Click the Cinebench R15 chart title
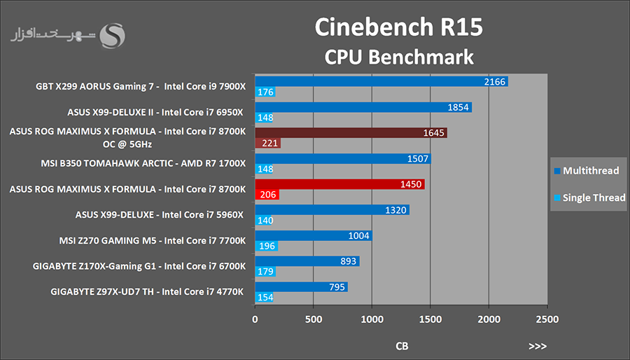[398, 27]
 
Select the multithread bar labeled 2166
[381, 82]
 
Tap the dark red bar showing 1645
[350, 133]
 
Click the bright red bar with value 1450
[339, 184]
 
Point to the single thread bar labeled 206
[267, 195]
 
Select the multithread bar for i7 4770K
[301, 287]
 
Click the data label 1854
[458, 107]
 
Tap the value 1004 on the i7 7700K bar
[358, 236]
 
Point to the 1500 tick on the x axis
[430, 319]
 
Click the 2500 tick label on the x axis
[547, 319]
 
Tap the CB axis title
[402, 346]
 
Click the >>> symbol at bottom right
[538, 346]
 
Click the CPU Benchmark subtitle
[399, 56]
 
